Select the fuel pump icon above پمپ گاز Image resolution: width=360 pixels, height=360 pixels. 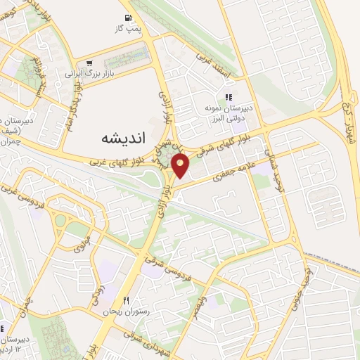coord(127,18)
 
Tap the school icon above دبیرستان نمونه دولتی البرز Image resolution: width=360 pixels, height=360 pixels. coord(228,97)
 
